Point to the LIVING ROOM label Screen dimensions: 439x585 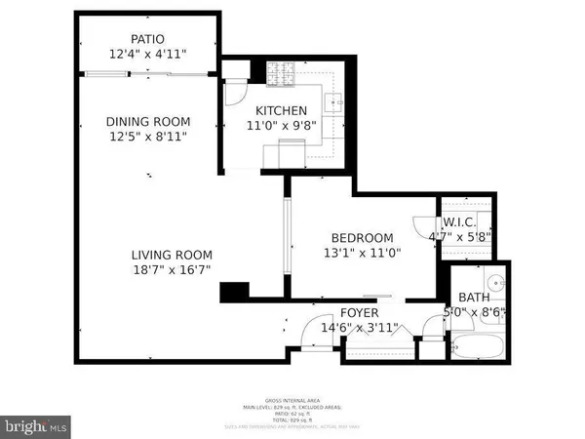[x=172, y=256]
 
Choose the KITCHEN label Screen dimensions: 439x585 [x=282, y=110]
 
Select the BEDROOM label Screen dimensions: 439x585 [x=362, y=238]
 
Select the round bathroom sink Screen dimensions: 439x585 [x=495, y=285]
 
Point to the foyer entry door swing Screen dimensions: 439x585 [x=311, y=337]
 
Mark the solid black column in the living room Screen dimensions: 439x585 [x=235, y=292]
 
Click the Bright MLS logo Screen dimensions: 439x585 [x=38, y=424]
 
